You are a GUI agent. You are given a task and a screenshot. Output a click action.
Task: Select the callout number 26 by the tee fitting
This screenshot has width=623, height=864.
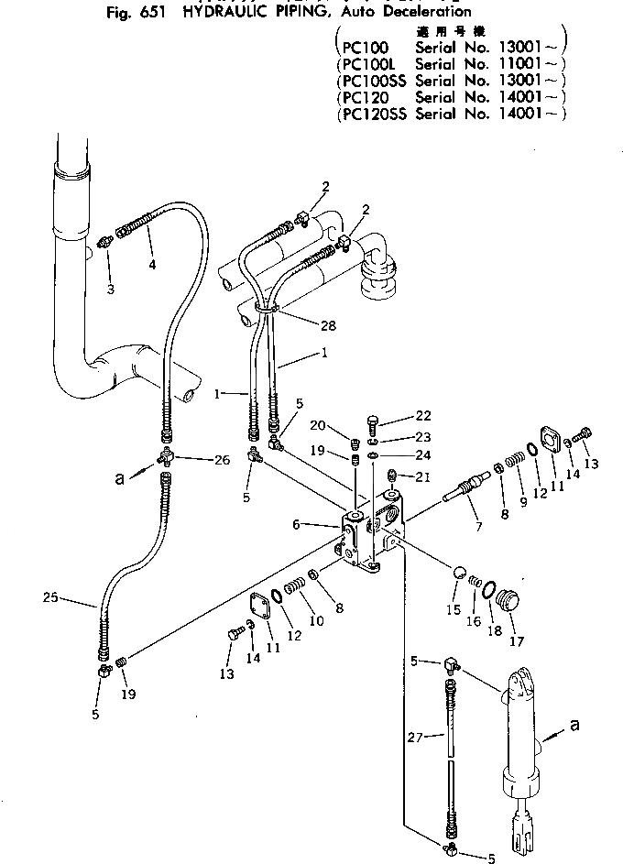[222, 460]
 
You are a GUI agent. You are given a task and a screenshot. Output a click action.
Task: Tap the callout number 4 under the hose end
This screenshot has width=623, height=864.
[152, 266]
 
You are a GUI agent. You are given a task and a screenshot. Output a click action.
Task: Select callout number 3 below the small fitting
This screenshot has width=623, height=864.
[110, 290]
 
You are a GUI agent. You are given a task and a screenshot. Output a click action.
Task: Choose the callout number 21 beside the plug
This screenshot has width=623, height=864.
[421, 477]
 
